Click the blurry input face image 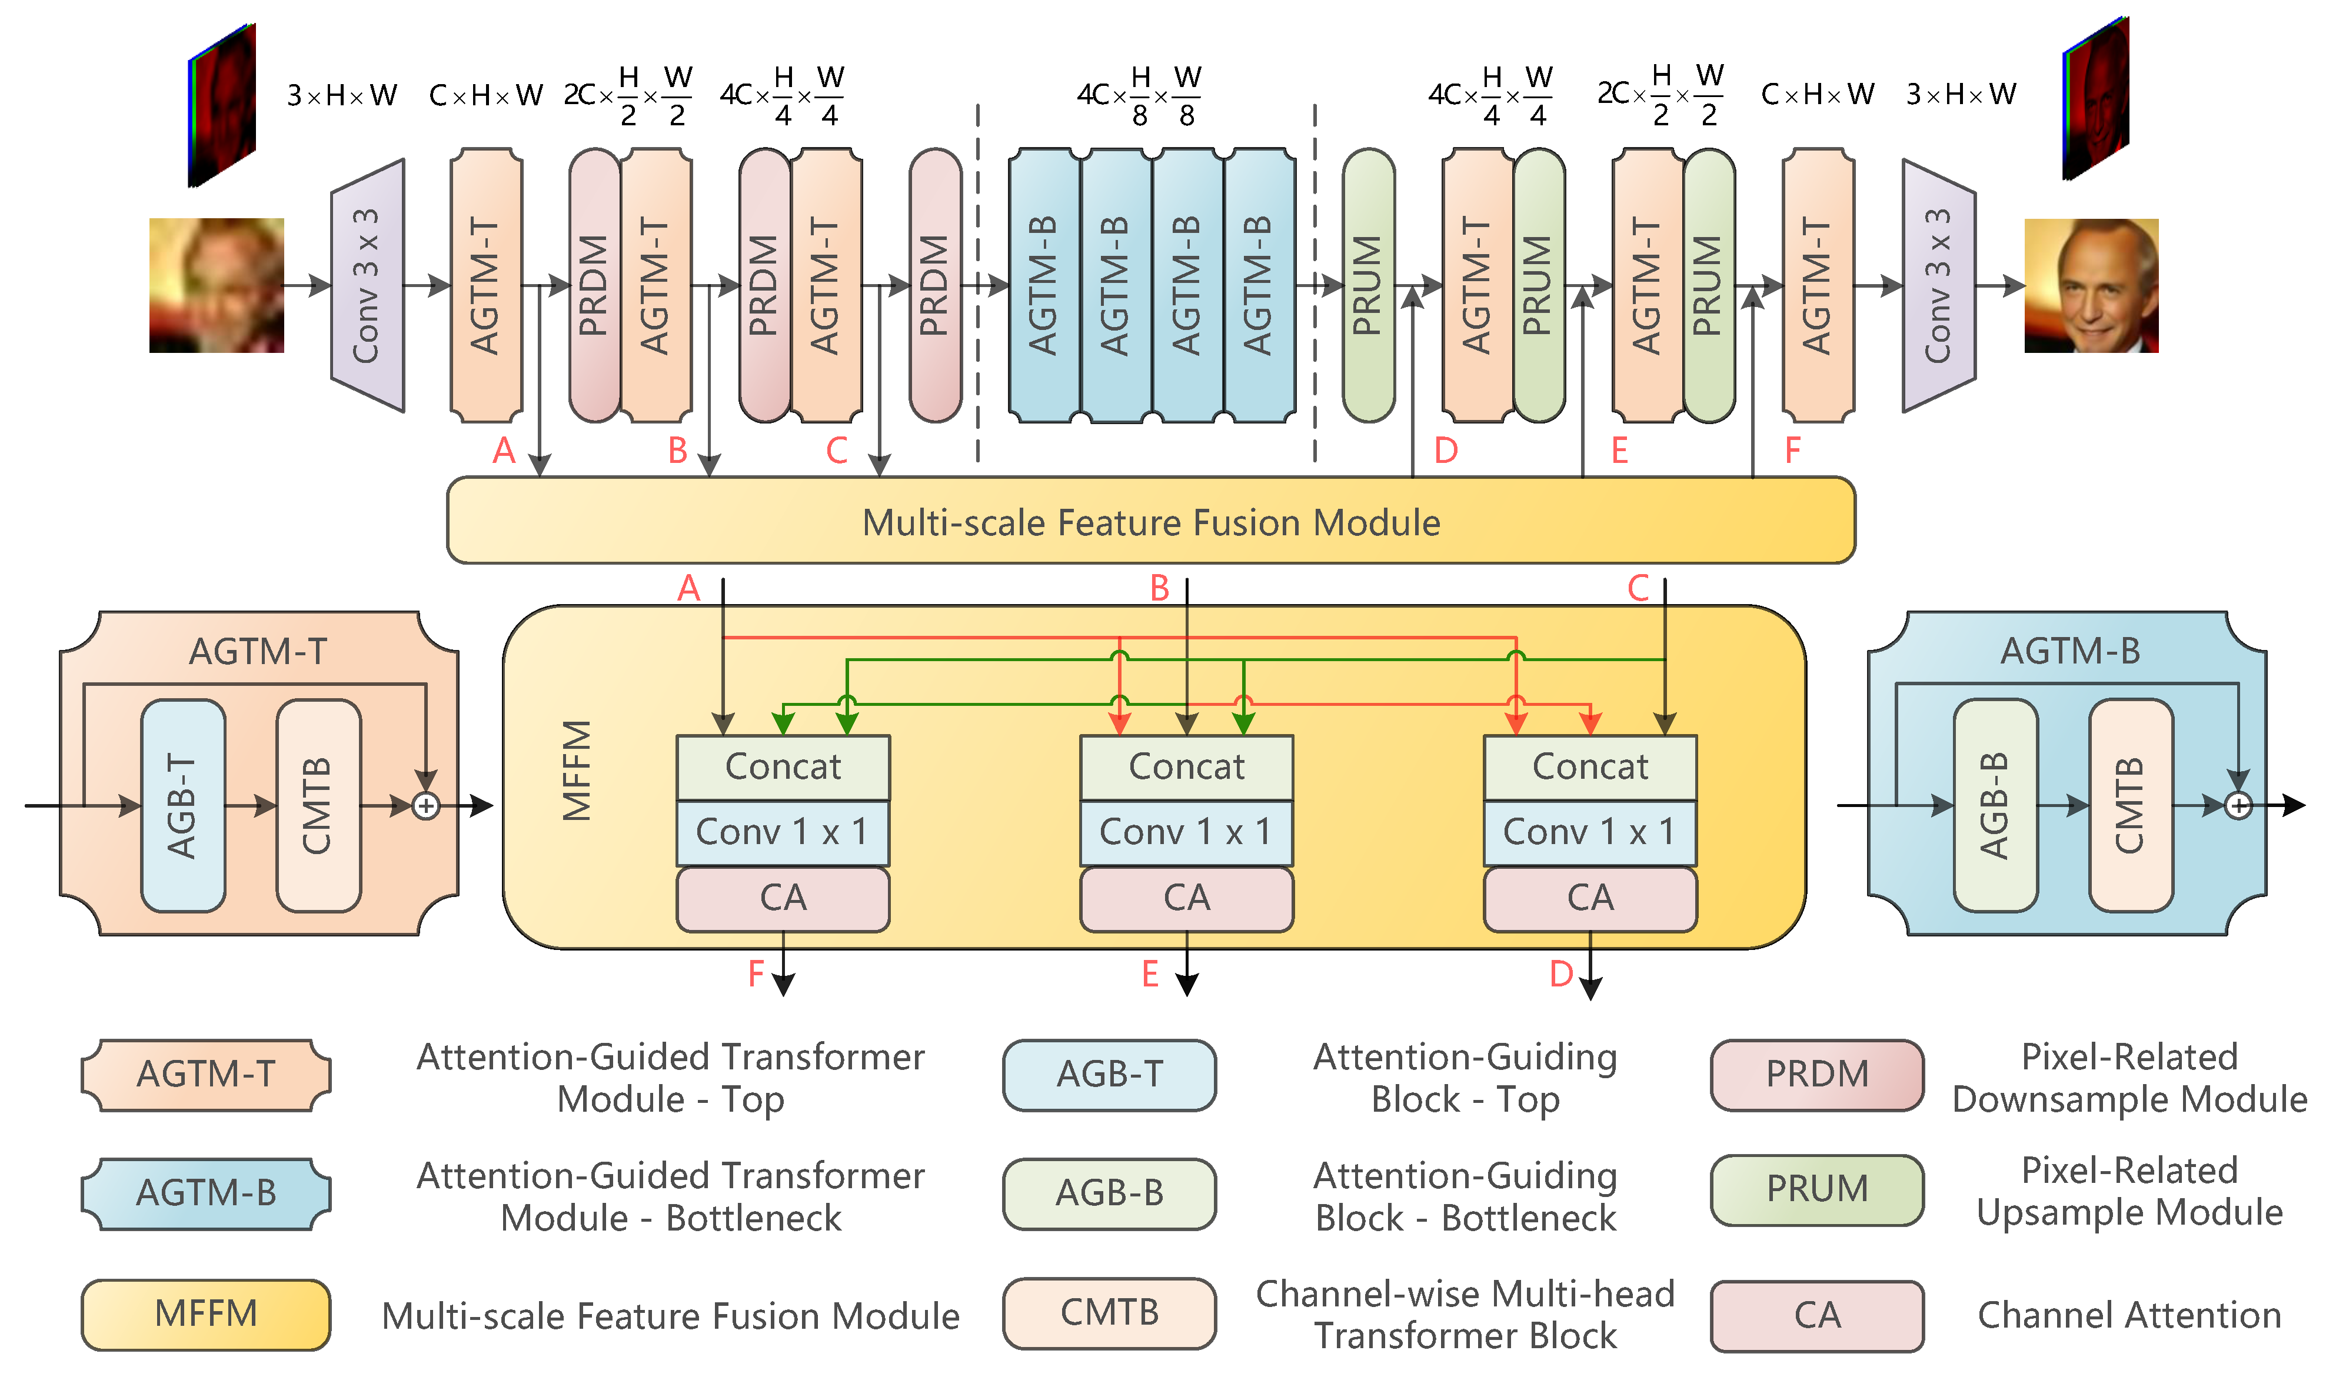pyautogui.click(x=217, y=285)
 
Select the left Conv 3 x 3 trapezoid pyautogui.click(x=368, y=285)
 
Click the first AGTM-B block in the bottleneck pyautogui.click(x=1043, y=285)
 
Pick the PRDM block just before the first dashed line pyautogui.click(x=934, y=285)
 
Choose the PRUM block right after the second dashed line pyautogui.click(x=1368, y=285)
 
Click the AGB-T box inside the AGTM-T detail pyautogui.click(x=183, y=805)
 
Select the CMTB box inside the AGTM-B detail pyautogui.click(x=2130, y=805)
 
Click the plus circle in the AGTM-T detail pyautogui.click(x=426, y=805)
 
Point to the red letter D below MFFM pyautogui.click(x=1561, y=973)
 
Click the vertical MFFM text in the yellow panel pyautogui.click(x=576, y=770)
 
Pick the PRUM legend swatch pyautogui.click(x=1816, y=1189)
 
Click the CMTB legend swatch pyautogui.click(x=1109, y=1312)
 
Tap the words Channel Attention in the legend pyautogui.click(x=2128, y=1315)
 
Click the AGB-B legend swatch pyautogui.click(x=1109, y=1193)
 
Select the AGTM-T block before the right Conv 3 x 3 pyautogui.click(x=1817, y=285)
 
